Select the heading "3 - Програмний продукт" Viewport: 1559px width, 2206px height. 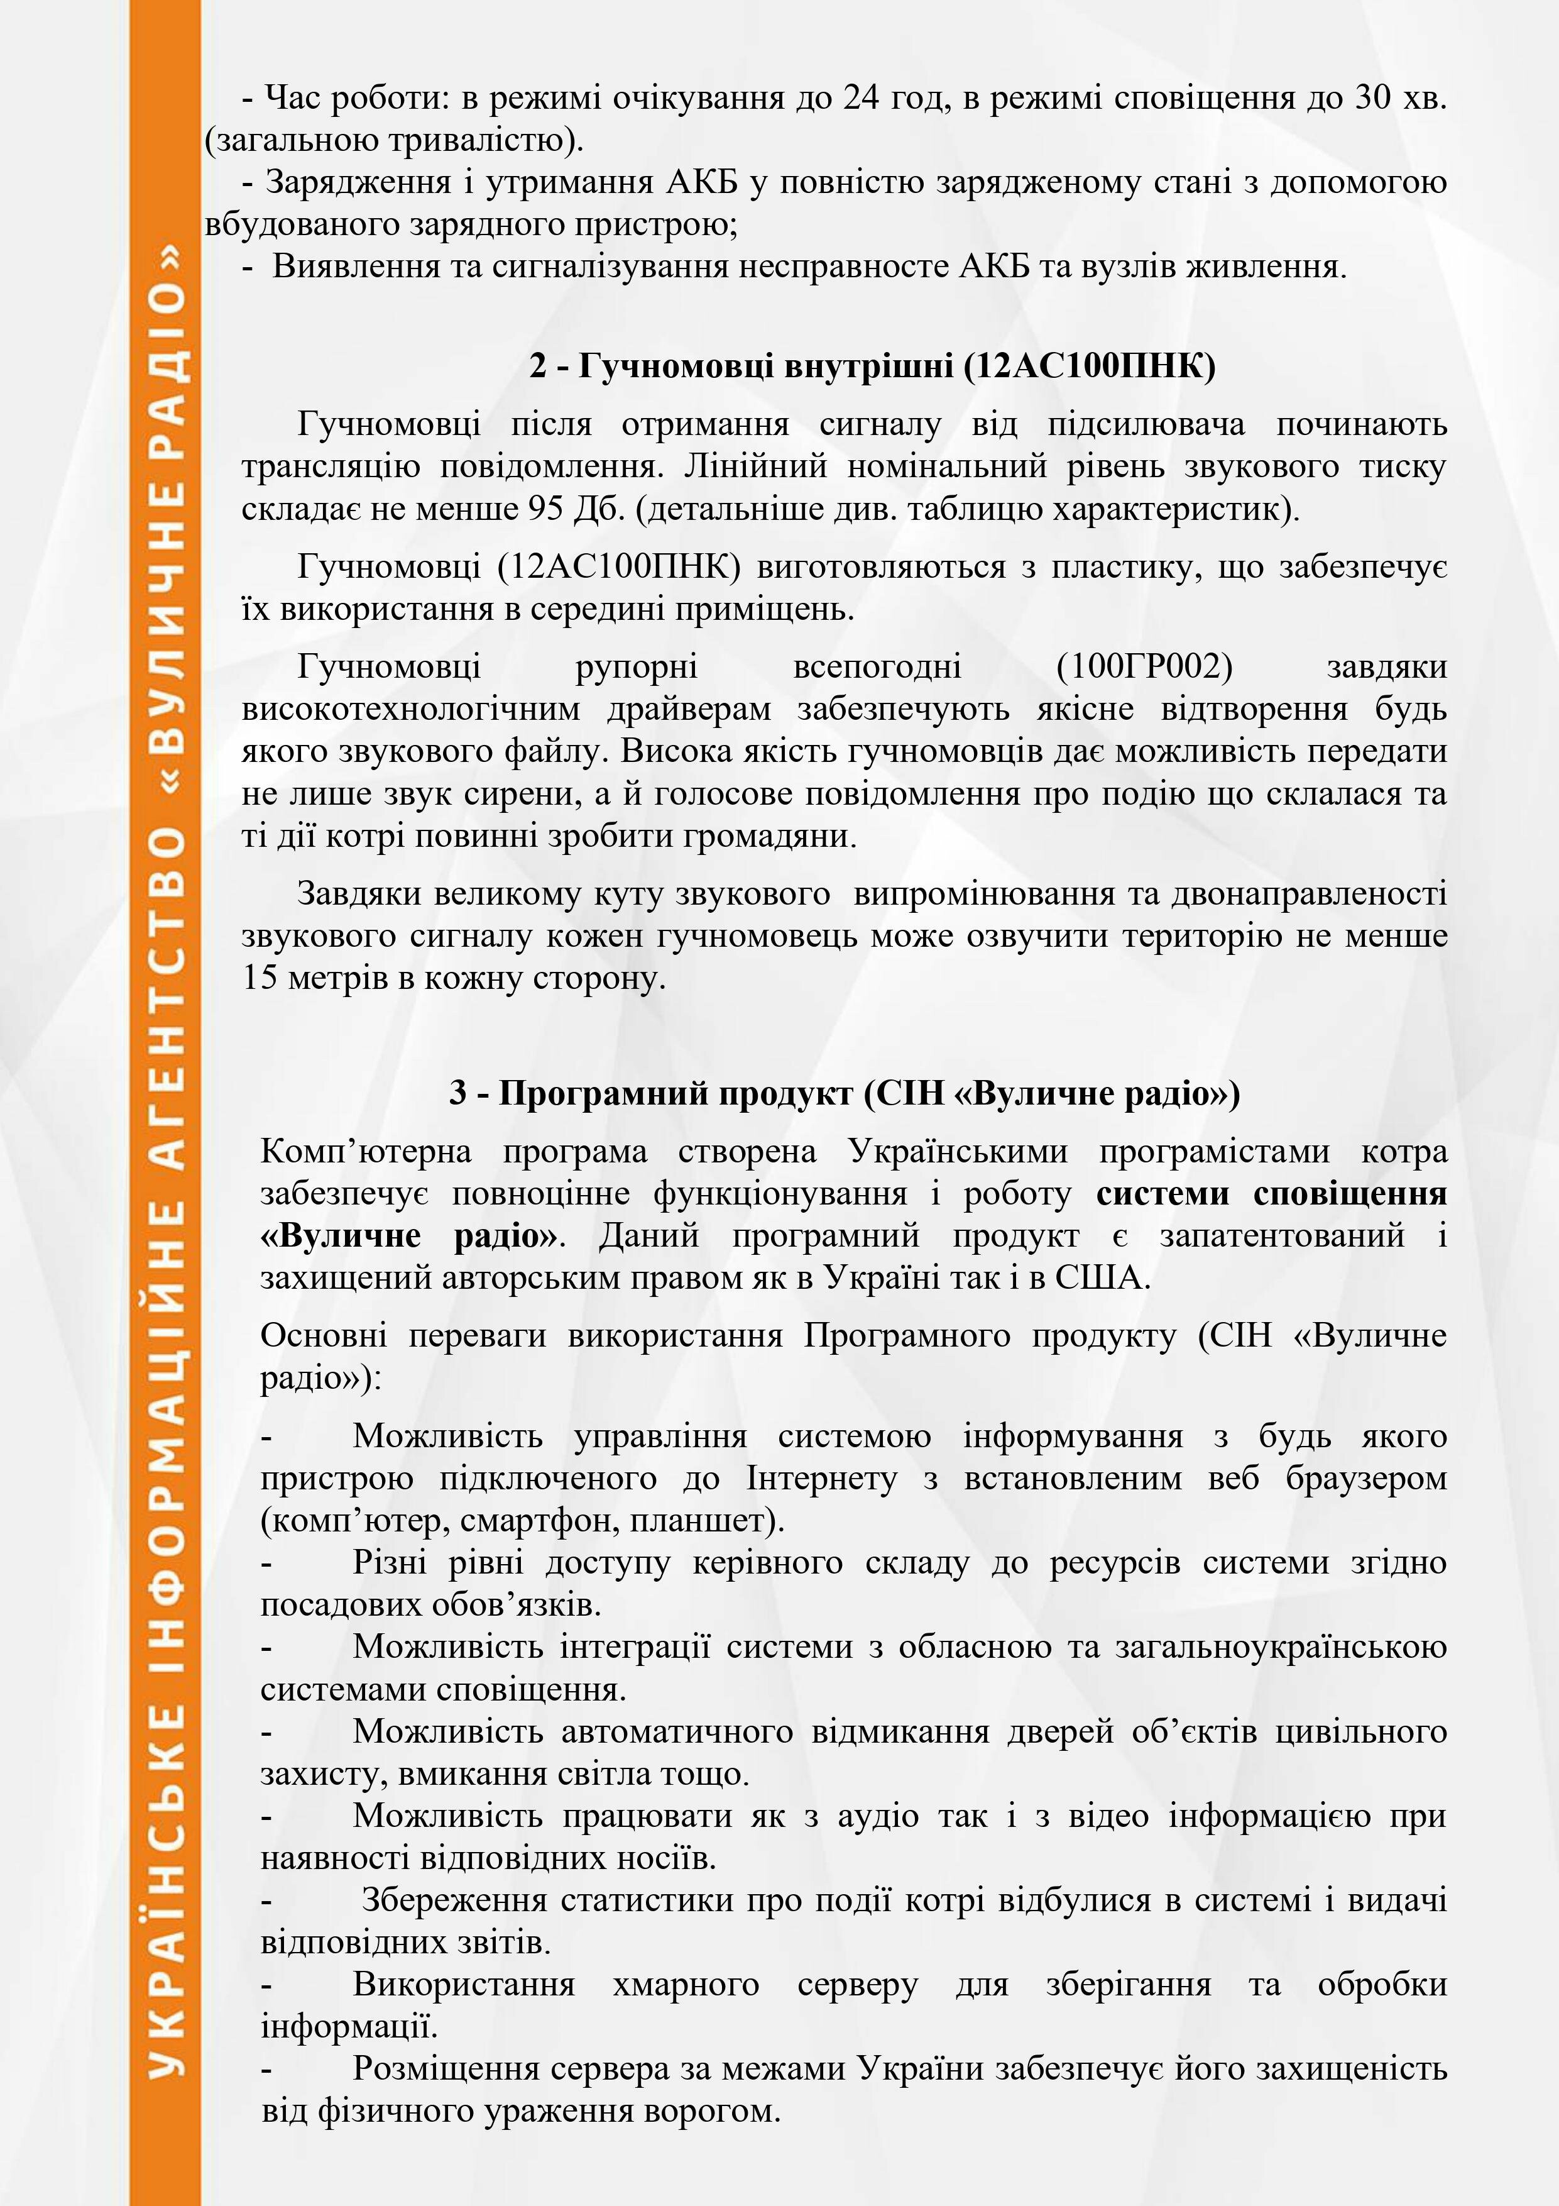pos(845,1093)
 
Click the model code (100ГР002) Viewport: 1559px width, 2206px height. pos(1143,667)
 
